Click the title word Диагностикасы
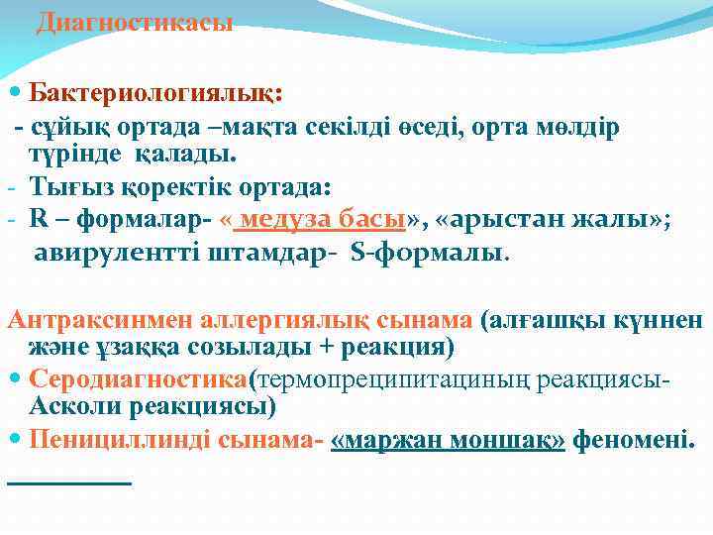[134, 23]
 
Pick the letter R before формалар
[38, 220]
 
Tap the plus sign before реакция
[319, 348]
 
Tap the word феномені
[634, 439]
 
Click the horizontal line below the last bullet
[68, 482]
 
